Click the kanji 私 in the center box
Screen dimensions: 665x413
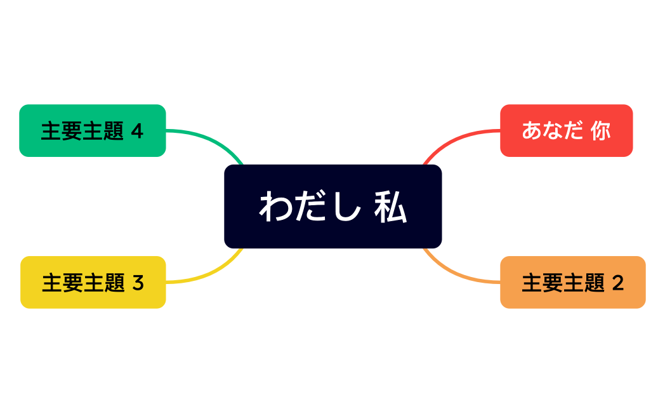coord(390,207)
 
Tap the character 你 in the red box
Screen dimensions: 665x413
coord(600,131)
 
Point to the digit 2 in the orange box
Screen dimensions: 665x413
coord(618,283)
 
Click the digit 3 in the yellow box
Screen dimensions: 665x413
coord(138,283)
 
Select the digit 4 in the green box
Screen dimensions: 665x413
coord(137,131)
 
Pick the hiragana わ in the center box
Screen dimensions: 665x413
coord(274,207)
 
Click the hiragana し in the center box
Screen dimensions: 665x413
coord(346,207)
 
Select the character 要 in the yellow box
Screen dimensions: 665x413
coord(73,283)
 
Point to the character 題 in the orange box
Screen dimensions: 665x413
coord(594,283)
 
